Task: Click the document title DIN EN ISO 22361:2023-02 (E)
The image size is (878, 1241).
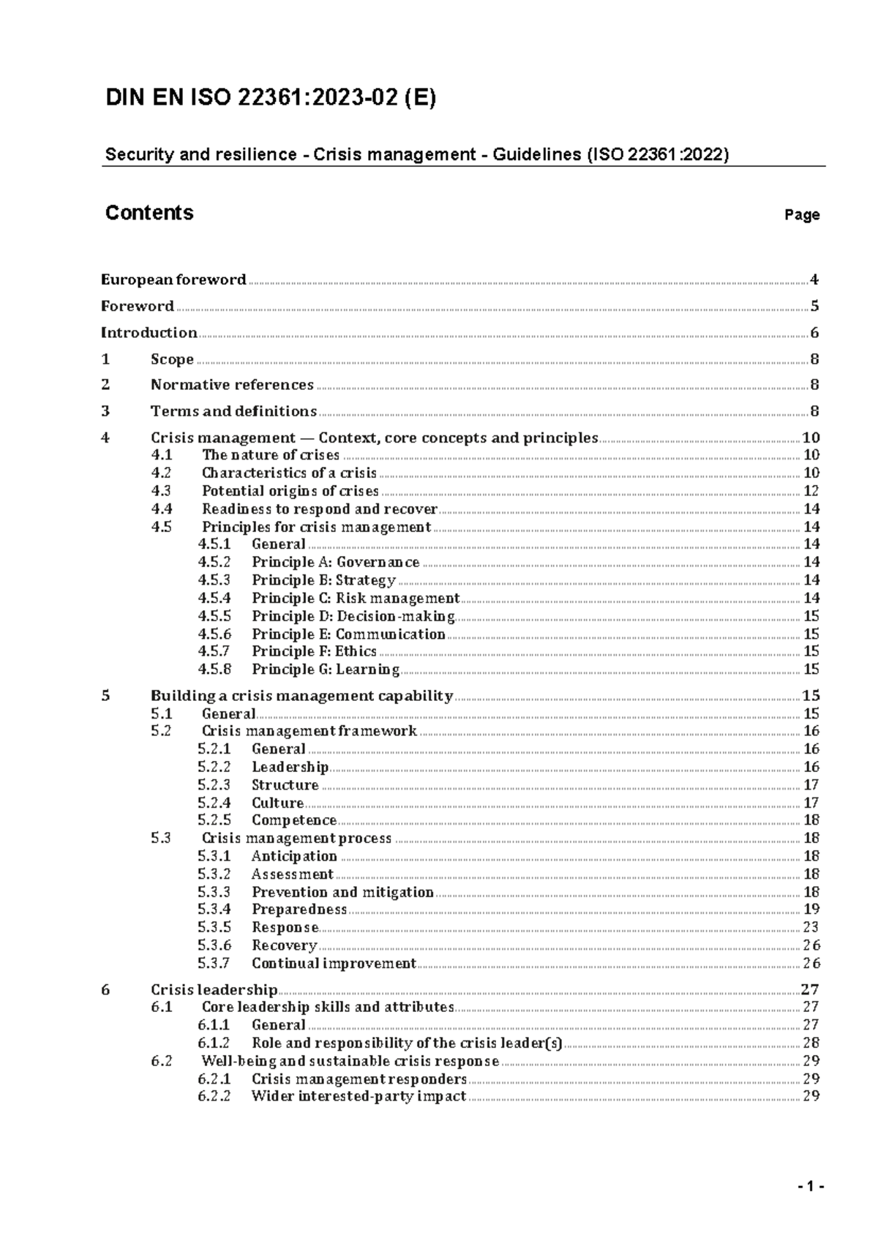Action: click(x=271, y=98)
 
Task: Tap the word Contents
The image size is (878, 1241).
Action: click(x=149, y=213)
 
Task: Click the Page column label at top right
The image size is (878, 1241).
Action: click(x=802, y=215)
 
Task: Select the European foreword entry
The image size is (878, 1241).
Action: click(x=173, y=280)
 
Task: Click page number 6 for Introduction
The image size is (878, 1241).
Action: click(x=814, y=333)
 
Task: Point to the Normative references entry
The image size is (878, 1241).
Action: click(x=232, y=385)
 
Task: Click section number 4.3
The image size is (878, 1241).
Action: click(x=161, y=491)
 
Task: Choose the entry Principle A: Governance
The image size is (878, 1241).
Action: click(x=336, y=562)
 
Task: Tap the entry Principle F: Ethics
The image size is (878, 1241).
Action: click(x=314, y=651)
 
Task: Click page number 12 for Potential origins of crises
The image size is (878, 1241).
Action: click(x=811, y=491)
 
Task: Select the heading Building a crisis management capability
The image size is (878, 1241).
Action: click(x=301, y=696)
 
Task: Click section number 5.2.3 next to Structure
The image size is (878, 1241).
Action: click(x=214, y=785)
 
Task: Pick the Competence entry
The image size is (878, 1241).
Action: click(x=294, y=820)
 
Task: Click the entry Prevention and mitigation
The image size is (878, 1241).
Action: click(x=342, y=892)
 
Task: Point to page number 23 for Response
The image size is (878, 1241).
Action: click(x=811, y=927)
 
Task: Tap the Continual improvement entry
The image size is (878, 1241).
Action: click(x=334, y=963)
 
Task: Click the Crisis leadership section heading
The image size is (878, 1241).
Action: click(x=214, y=990)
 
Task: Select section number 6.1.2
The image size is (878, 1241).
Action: click(x=214, y=1043)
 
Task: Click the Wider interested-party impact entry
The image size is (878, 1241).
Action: click(x=359, y=1096)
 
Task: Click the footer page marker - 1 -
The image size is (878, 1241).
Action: click(x=811, y=1187)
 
